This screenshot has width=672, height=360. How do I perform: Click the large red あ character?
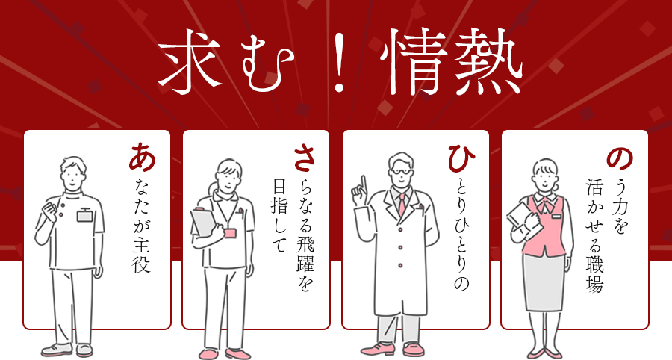coord(142,157)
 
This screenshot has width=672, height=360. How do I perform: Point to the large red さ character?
coord(304,158)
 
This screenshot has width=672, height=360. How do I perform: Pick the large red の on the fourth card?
coord(620,158)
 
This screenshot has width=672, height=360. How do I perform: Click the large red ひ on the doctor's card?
coord(461,158)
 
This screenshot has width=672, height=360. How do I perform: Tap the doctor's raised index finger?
coord(363,184)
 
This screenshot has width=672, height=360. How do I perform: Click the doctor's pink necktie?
coord(402,204)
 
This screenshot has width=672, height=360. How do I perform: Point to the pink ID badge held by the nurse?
coord(230,233)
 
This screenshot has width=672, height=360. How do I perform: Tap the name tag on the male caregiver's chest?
coord(84,215)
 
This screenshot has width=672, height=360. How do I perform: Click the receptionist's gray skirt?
coord(544,282)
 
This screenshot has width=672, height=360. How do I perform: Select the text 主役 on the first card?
coord(141,257)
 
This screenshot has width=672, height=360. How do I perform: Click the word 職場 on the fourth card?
coord(595,275)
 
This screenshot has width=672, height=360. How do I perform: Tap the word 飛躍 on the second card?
coord(305,253)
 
